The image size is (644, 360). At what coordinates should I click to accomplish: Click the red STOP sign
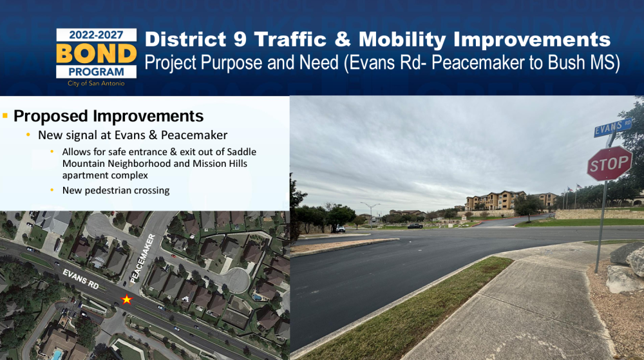coord(609,164)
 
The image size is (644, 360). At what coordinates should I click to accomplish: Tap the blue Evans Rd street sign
coord(613,128)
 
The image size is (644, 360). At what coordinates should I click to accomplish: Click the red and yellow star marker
coord(126,299)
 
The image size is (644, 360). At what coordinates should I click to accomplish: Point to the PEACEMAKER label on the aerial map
coord(142,259)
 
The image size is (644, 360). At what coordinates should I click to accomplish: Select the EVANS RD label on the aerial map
coord(81,279)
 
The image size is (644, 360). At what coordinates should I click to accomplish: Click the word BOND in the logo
coord(96,53)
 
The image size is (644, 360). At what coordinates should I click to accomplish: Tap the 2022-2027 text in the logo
coord(96,35)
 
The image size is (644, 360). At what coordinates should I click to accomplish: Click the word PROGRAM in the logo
coord(96,72)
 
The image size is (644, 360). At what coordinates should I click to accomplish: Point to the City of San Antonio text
coord(96,83)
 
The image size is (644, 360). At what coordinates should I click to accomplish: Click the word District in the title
coord(185,39)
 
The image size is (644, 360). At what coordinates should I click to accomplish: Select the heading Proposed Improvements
coord(108,116)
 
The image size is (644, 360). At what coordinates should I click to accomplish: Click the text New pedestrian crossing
coord(116,191)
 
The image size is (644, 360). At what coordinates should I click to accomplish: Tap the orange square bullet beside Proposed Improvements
coord(5,116)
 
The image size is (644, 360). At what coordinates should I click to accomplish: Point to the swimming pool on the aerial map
coord(56,355)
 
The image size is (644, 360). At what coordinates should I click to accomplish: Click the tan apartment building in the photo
coord(495,200)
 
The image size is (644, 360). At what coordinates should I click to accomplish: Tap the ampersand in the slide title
coord(343,39)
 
